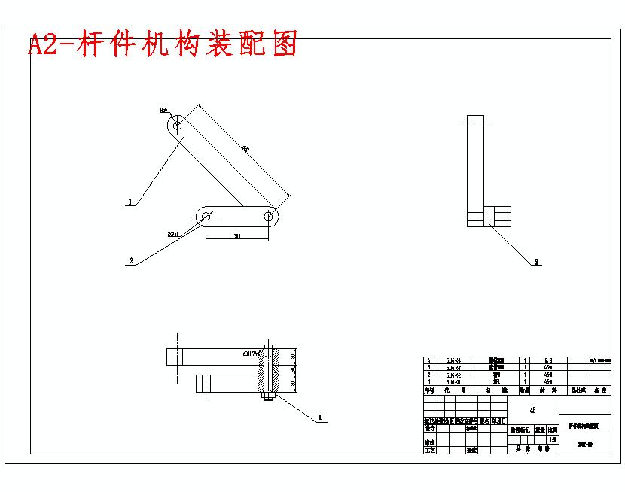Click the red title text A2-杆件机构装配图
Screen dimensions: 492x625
(163, 44)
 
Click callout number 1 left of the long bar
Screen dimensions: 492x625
(130, 202)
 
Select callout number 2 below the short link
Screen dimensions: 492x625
(131, 261)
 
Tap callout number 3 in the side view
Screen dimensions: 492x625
(536, 262)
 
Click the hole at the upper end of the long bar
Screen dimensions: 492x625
(178, 126)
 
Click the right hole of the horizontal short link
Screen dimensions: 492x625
(269, 216)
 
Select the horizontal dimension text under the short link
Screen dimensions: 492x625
(236, 236)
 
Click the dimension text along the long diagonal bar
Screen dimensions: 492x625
(245, 149)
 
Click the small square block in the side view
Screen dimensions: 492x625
(498, 215)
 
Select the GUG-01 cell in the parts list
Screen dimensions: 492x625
(453, 382)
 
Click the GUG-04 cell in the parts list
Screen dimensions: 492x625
(453, 360)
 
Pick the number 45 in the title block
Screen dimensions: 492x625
(533, 410)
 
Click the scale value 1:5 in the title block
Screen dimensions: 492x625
(553, 439)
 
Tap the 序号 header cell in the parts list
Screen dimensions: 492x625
(428, 390)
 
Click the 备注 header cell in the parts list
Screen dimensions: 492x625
(599, 390)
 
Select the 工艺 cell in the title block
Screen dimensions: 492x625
(430, 450)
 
